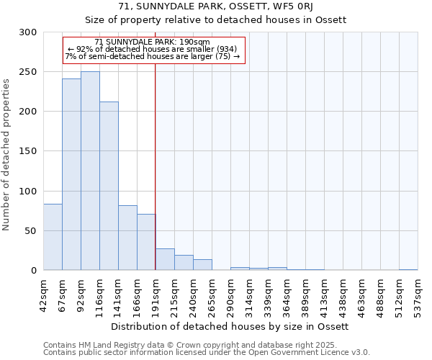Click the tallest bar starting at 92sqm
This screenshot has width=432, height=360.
[x=90, y=171]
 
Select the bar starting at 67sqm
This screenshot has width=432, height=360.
[x=71, y=174]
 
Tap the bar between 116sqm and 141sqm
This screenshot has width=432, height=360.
[x=109, y=186]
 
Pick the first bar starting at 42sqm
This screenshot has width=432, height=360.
[x=53, y=237]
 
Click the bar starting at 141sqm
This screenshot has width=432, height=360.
[x=127, y=238]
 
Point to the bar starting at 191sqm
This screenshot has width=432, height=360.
[x=165, y=259]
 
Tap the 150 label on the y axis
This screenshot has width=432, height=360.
[x=29, y=151]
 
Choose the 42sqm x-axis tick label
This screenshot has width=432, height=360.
[x=43, y=292]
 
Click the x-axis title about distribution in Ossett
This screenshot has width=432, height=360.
[x=230, y=326]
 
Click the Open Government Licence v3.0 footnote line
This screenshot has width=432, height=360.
[x=206, y=353]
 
